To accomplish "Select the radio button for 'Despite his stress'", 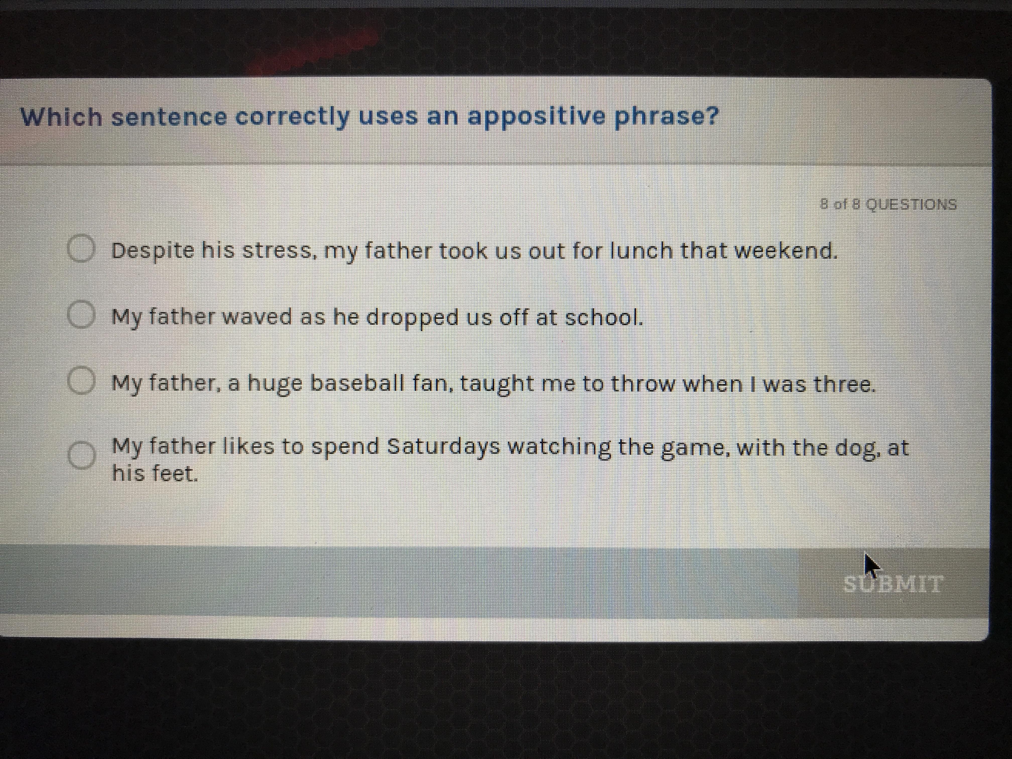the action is (81, 249).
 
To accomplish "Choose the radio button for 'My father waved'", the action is (81, 315).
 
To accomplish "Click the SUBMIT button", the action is (893, 583).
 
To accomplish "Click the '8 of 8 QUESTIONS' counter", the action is (889, 204).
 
